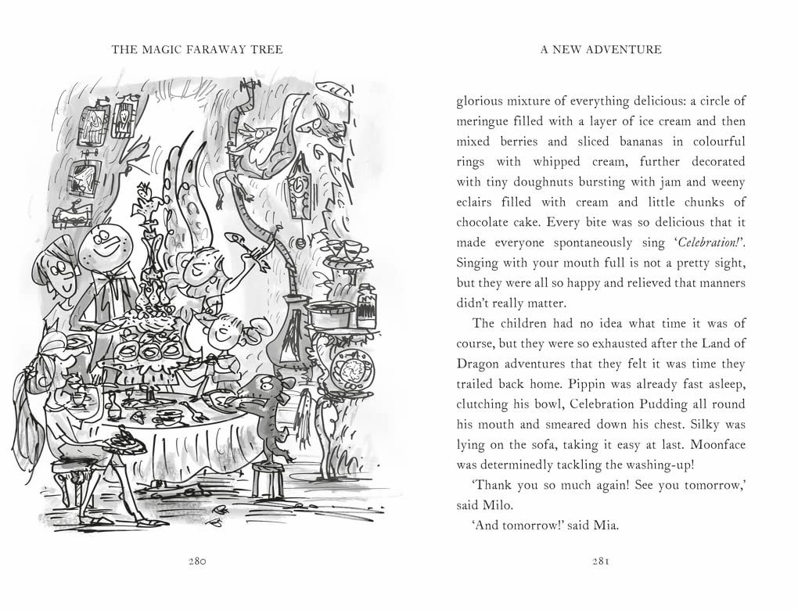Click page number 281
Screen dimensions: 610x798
pos(600,562)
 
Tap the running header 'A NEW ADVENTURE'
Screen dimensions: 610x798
pos(601,49)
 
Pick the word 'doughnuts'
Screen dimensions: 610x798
pos(540,182)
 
